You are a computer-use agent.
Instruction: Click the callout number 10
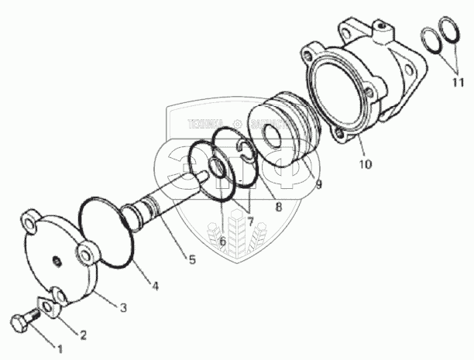pos(365,164)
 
